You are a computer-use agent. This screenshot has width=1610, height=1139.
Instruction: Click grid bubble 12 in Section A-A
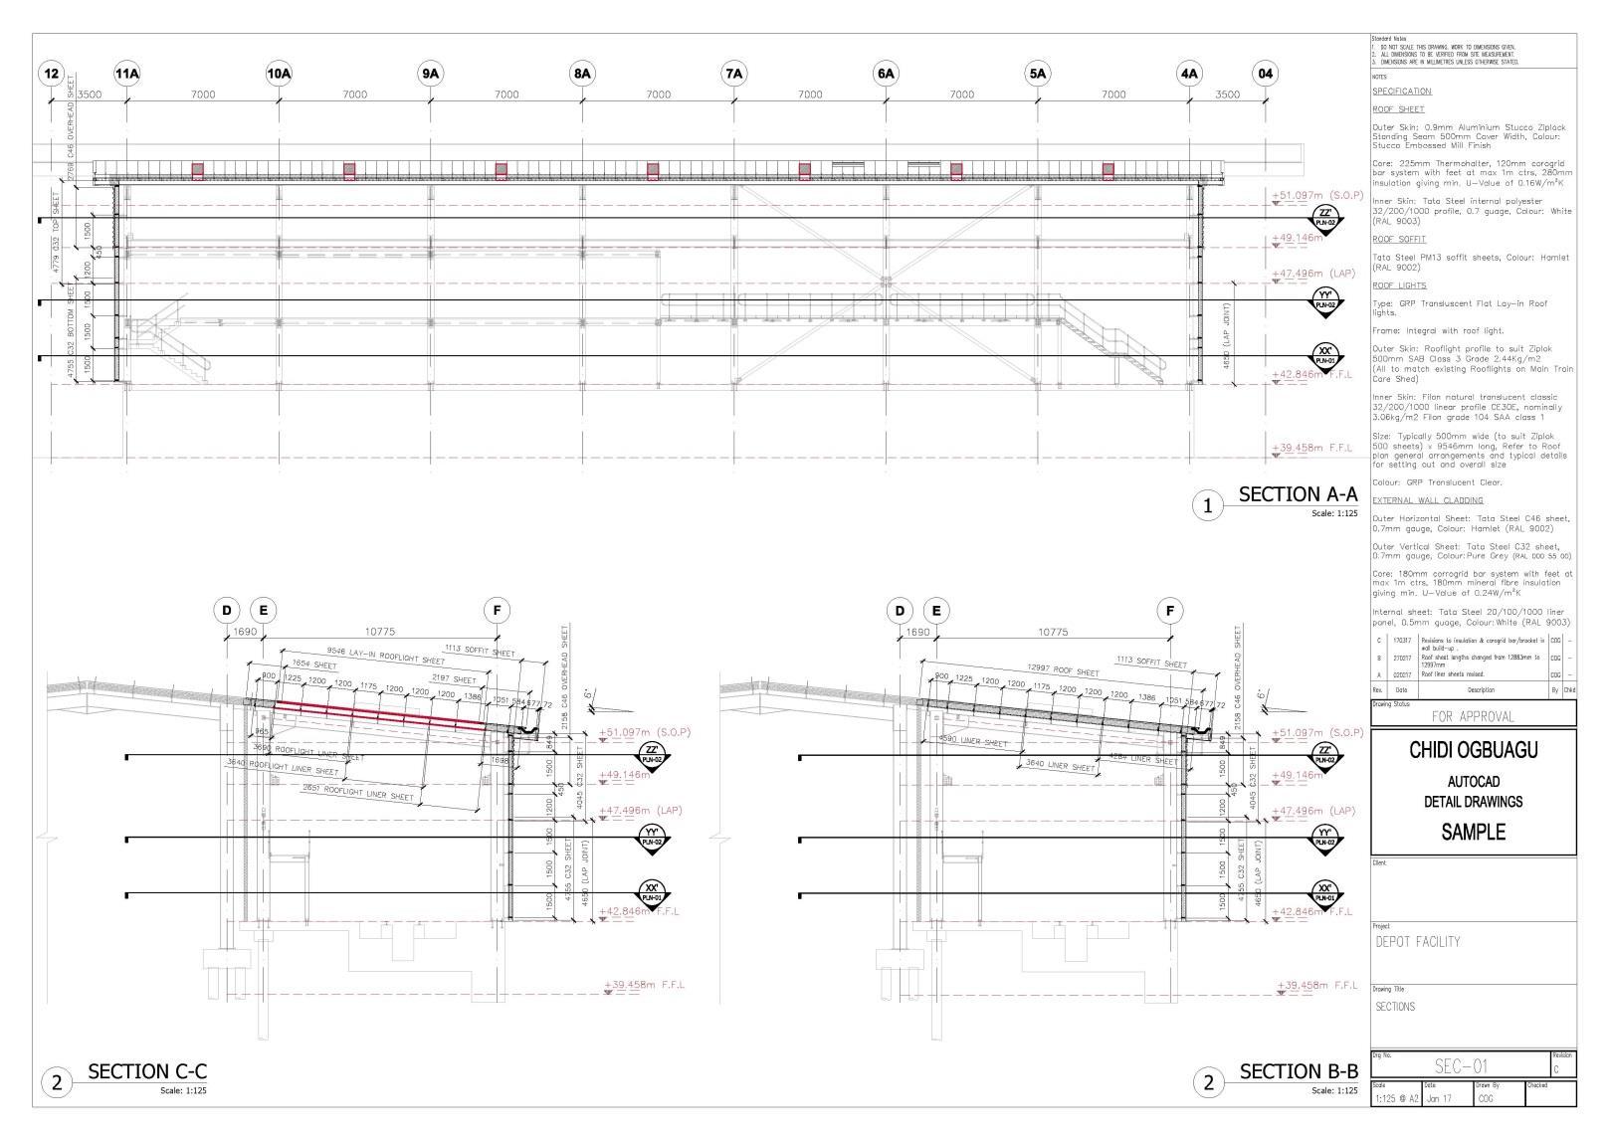[52, 74]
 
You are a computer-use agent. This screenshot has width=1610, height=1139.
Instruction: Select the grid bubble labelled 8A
[582, 74]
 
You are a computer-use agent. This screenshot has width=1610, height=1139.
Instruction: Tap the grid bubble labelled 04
[1265, 74]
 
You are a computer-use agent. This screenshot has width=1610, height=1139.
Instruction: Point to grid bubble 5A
[1038, 74]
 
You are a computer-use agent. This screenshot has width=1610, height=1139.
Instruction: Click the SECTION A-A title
[1298, 494]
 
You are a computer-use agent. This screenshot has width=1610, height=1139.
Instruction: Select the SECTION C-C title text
[147, 1071]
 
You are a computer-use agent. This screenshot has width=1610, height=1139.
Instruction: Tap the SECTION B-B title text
[1299, 1071]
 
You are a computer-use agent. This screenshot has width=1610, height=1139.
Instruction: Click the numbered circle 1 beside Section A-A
[1208, 506]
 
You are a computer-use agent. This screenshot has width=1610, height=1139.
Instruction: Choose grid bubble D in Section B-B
[900, 611]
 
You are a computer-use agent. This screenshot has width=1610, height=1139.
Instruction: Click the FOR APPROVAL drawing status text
[1473, 716]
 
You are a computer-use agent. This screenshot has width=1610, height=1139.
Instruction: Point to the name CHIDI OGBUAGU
[1473, 750]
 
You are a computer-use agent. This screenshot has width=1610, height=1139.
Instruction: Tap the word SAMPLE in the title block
[1473, 833]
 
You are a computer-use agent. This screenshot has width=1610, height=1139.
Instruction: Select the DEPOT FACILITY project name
[1418, 941]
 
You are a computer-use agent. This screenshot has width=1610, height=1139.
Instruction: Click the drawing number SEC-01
[1462, 1066]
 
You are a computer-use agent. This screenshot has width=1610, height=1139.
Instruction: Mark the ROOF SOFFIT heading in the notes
[1398, 240]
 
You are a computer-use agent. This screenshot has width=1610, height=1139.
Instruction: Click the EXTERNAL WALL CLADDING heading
[1427, 500]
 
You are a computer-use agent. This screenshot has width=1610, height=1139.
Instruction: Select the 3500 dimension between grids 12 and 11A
[90, 95]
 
